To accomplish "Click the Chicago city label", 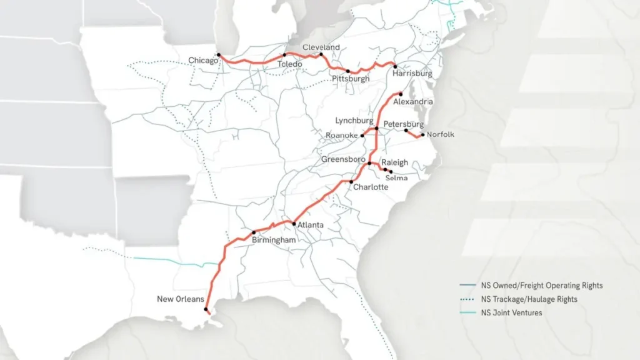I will tap(203, 60).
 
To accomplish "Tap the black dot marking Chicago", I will tap(219, 55).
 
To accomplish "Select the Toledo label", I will tap(290, 64).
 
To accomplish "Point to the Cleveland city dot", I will tap(321, 54).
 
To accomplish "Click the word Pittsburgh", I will tap(351, 79).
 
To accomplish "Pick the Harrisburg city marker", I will tap(394, 65).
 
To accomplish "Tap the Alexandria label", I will tap(413, 101).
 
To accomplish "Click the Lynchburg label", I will tap(354, 121).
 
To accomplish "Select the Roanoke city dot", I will tap(362, 135).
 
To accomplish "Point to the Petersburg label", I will tap(404, 124).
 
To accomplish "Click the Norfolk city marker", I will tap(422, 135).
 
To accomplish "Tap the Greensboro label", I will tap(343, 159).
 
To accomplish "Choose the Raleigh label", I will tap(394, 162).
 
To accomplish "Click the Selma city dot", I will tap(391, 171).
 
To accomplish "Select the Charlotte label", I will tap(371, 187).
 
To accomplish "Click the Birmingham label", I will tap(273, 239).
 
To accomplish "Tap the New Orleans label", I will tap(180, 299).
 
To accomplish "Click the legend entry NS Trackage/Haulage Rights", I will tap(529, 299).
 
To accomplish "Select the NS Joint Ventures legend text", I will tap(511, 312).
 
